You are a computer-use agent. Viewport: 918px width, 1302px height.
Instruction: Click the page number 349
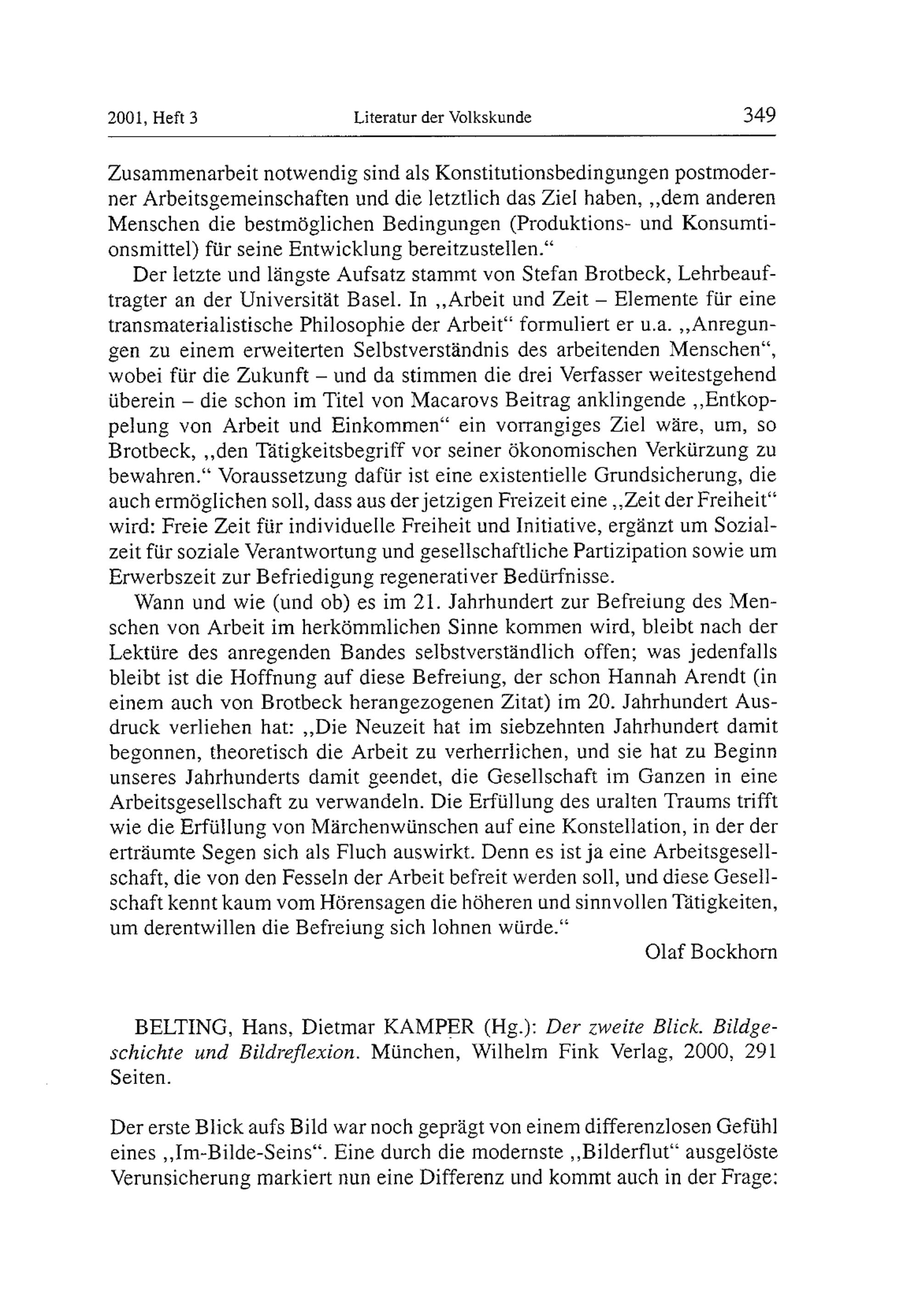point(759,116)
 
